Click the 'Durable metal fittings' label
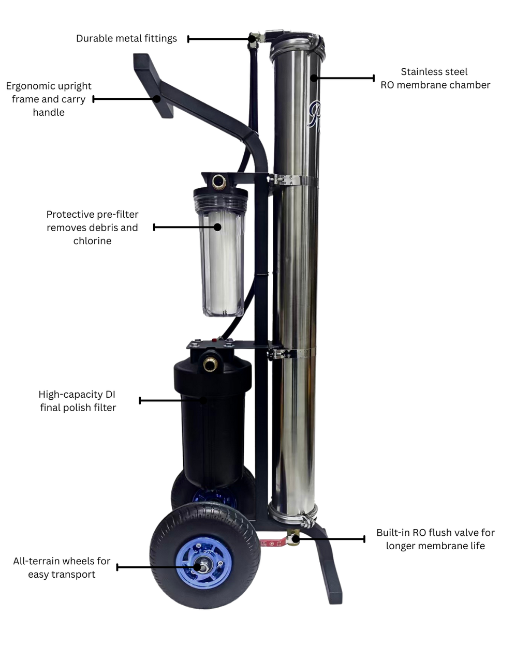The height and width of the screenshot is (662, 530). (126, 38)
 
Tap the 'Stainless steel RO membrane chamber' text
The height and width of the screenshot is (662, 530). (435, 79)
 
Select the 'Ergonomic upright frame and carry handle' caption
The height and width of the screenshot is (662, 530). (49, 99)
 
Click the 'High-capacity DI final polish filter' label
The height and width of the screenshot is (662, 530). (78, 401)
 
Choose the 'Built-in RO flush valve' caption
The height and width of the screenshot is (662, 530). (435, 539)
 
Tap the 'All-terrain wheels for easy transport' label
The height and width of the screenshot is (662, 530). (62, 567)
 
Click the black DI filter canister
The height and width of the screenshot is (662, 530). (212, 424)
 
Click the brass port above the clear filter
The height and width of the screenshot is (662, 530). (218, 182)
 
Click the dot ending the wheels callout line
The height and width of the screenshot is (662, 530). (197, 567)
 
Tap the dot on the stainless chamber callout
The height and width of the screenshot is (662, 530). (313, 78)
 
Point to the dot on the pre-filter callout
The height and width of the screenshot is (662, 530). (218, 227)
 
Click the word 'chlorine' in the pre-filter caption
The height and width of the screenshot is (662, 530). (92, 241)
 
